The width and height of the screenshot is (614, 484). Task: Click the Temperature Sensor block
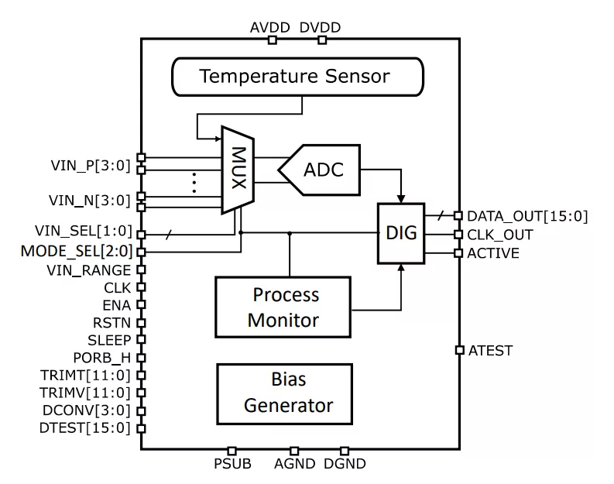click(x=294, y=77)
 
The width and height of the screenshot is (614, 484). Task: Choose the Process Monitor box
click(x=286, y=307)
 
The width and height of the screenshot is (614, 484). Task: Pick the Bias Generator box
click(x=286, y=393)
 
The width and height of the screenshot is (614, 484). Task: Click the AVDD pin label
click(x=270, y=28)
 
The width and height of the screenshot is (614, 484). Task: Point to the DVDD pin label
click(x=320, y=28)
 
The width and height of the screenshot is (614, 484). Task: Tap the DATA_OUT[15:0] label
click(x=527, y=216)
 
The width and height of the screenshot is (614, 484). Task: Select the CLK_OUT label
click(x=500, y=235)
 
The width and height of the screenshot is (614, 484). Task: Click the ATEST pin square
click(x=459, y=350)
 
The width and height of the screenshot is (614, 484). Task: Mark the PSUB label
click(x=231, y=465)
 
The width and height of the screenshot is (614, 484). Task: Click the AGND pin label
click(x=294, y=465)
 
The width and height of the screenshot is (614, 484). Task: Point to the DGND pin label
click(x=345, y=465)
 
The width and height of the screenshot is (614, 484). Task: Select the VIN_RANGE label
click(x=95, y=269)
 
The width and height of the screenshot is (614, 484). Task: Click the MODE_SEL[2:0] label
click(x=77, y=251)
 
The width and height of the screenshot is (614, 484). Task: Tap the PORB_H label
click(x=104, y=358)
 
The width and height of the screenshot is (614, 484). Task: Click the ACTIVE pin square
click(x=459, y=252)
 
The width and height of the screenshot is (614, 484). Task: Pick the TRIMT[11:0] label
click(x=87, y=376)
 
